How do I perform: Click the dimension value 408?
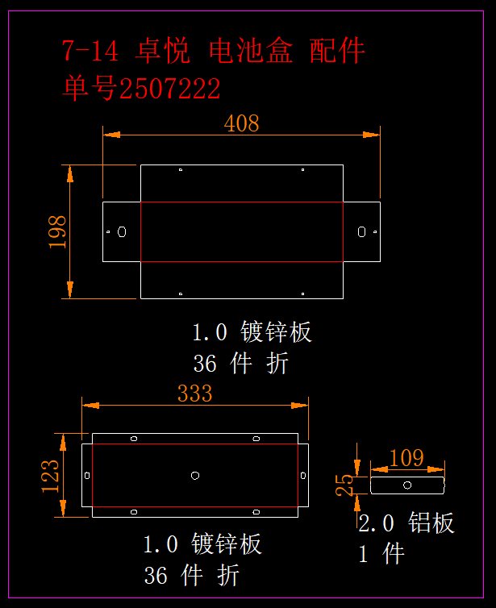tap(242, 123)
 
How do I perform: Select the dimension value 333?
tap(195, 394)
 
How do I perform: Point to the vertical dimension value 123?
tap(50, 476)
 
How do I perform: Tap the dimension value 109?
tap(406, 458)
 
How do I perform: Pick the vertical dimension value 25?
tap(344, 484)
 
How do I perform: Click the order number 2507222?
tap(169, 89)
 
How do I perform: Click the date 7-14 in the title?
tap(90, 52)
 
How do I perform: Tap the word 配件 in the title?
tap(337, 52)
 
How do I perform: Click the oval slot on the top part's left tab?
tap(122, 232)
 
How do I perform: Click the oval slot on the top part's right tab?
tap(362, 232)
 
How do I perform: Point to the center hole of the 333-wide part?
tap(195, 476)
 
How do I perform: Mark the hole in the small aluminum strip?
tap(407, 485)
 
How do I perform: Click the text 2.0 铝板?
tap(406, 523)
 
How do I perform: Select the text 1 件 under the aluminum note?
tap(381, 554)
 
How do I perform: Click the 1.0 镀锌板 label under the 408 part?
tap(252, 332)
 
